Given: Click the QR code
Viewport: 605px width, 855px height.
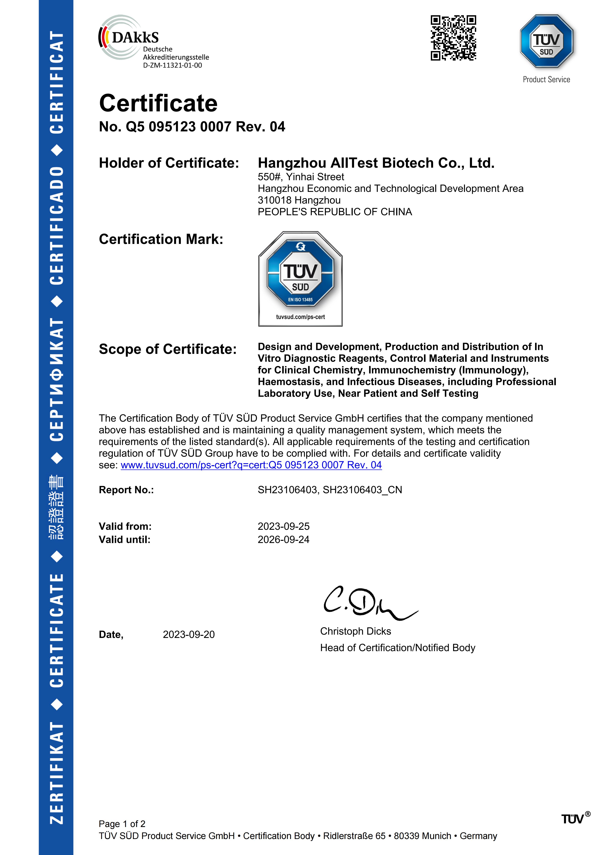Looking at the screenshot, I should pos(453,38).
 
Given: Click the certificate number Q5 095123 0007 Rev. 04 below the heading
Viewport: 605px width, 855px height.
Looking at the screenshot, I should pos(192,127).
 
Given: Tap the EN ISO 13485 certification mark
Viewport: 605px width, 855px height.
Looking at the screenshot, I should pos(300,279).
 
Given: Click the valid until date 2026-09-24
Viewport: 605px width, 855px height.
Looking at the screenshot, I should pos(284,540).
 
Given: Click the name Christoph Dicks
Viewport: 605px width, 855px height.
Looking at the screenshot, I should pos(355,631).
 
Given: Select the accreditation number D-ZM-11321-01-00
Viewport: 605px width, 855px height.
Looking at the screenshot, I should pos(172,66).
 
